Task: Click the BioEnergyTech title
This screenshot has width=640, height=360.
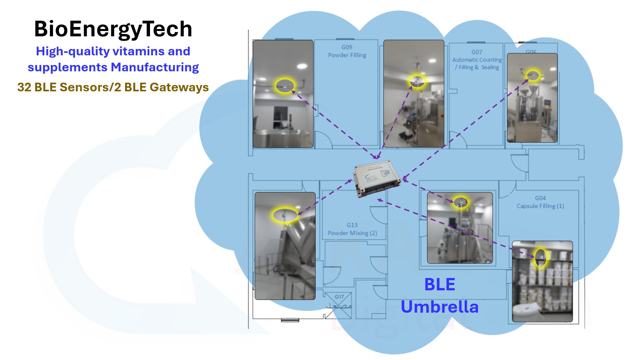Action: [x=113, y=29]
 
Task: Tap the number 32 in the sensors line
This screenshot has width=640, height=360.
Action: [x=24, y=87]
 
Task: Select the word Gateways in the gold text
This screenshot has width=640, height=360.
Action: [x=179, y=87]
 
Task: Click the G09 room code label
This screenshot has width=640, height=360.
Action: [x=347, y=47]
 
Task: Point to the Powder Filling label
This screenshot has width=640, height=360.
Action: [x=347, y=55]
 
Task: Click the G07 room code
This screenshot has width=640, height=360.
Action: [x=477, y=52]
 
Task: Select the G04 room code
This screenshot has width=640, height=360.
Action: [x=540, y=198]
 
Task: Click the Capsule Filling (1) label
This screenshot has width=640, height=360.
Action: [x=540, y=206]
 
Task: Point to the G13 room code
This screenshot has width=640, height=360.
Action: [x=352, y=225]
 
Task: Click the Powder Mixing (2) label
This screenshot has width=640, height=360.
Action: [x=352, y=233]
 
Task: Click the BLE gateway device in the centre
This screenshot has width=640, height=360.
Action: [x=377, y=179]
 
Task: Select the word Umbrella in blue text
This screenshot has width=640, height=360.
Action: [x=439, y=307]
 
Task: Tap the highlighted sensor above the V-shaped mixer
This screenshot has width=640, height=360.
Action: [x=285, y=215]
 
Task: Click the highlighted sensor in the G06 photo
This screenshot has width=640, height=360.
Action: [x=533, y=75]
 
